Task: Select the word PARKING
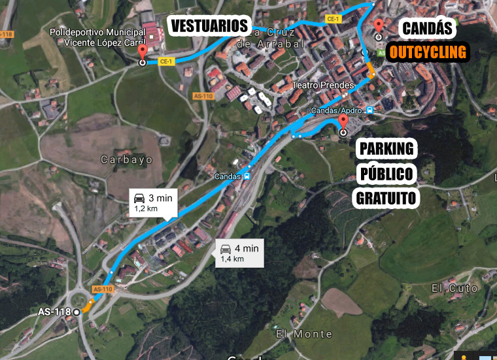click(x=387, y=148)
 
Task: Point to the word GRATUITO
click(x=387, y=198)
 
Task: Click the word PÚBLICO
click(x=387, y=173)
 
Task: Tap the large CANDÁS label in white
click(x=428, y=29)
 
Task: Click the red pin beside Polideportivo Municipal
click(x=143, y=52)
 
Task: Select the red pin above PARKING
click(x=343, y=122)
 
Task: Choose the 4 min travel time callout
click(x=239, y=253)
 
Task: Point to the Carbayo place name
click(x=127, y=159)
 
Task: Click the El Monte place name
click(x=295, y=334)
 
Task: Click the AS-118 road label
click(x=54, y=312)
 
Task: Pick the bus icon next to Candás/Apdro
click(x=369, y=110)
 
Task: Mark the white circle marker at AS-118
click(x=77, y=312)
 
